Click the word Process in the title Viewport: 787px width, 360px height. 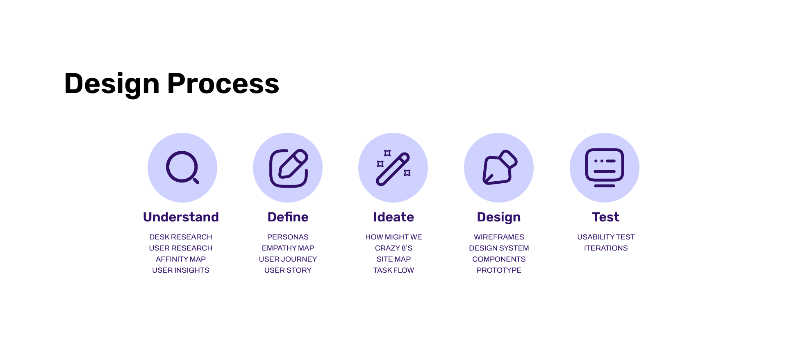click(223, 84)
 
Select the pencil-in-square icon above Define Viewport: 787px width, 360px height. click(289, 168)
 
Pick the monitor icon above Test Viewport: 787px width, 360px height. click(605, 168)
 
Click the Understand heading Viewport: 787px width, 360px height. click(181, 217)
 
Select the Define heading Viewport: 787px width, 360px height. click(288, 217)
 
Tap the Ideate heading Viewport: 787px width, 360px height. click(393, 217)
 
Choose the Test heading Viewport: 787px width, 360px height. click(606, 217)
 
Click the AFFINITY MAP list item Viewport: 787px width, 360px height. click(181, 259)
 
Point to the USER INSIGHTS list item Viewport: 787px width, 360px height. click(181, 270)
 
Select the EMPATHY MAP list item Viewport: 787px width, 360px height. click(288, 248)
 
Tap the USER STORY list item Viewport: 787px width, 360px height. click(288, 270)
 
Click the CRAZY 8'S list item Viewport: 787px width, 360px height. click(393, 248)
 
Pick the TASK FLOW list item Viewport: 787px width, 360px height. click(393, 270)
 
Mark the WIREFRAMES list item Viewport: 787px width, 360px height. click(499, 237)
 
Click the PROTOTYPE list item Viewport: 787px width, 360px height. click(499, 270)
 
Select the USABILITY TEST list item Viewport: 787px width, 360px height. click(606, 237)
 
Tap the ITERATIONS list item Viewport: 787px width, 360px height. click(606, 248)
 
